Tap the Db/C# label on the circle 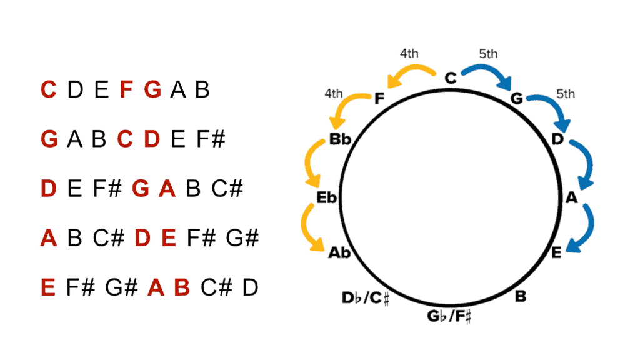(366, 299)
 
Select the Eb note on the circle (327, 198)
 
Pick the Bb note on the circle (341, 140)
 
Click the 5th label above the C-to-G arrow (489, 54)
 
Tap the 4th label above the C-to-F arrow (409, 53)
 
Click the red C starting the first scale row (49, 90)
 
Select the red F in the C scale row (127, 90)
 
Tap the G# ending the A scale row (243, 238)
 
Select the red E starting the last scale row (48, 287)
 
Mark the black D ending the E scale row (250, 287)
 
